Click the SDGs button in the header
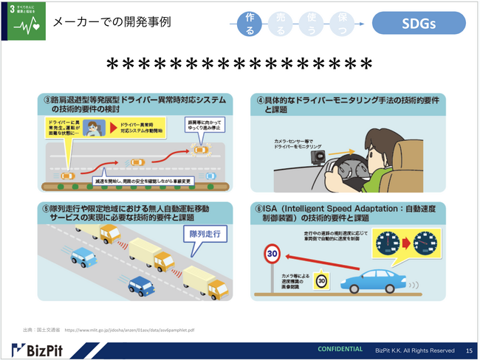click(x=418, y=23)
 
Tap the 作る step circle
click(x=250, y=24)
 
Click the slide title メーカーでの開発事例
click(x=113, y=21)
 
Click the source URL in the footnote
click(x=129, y=329)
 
